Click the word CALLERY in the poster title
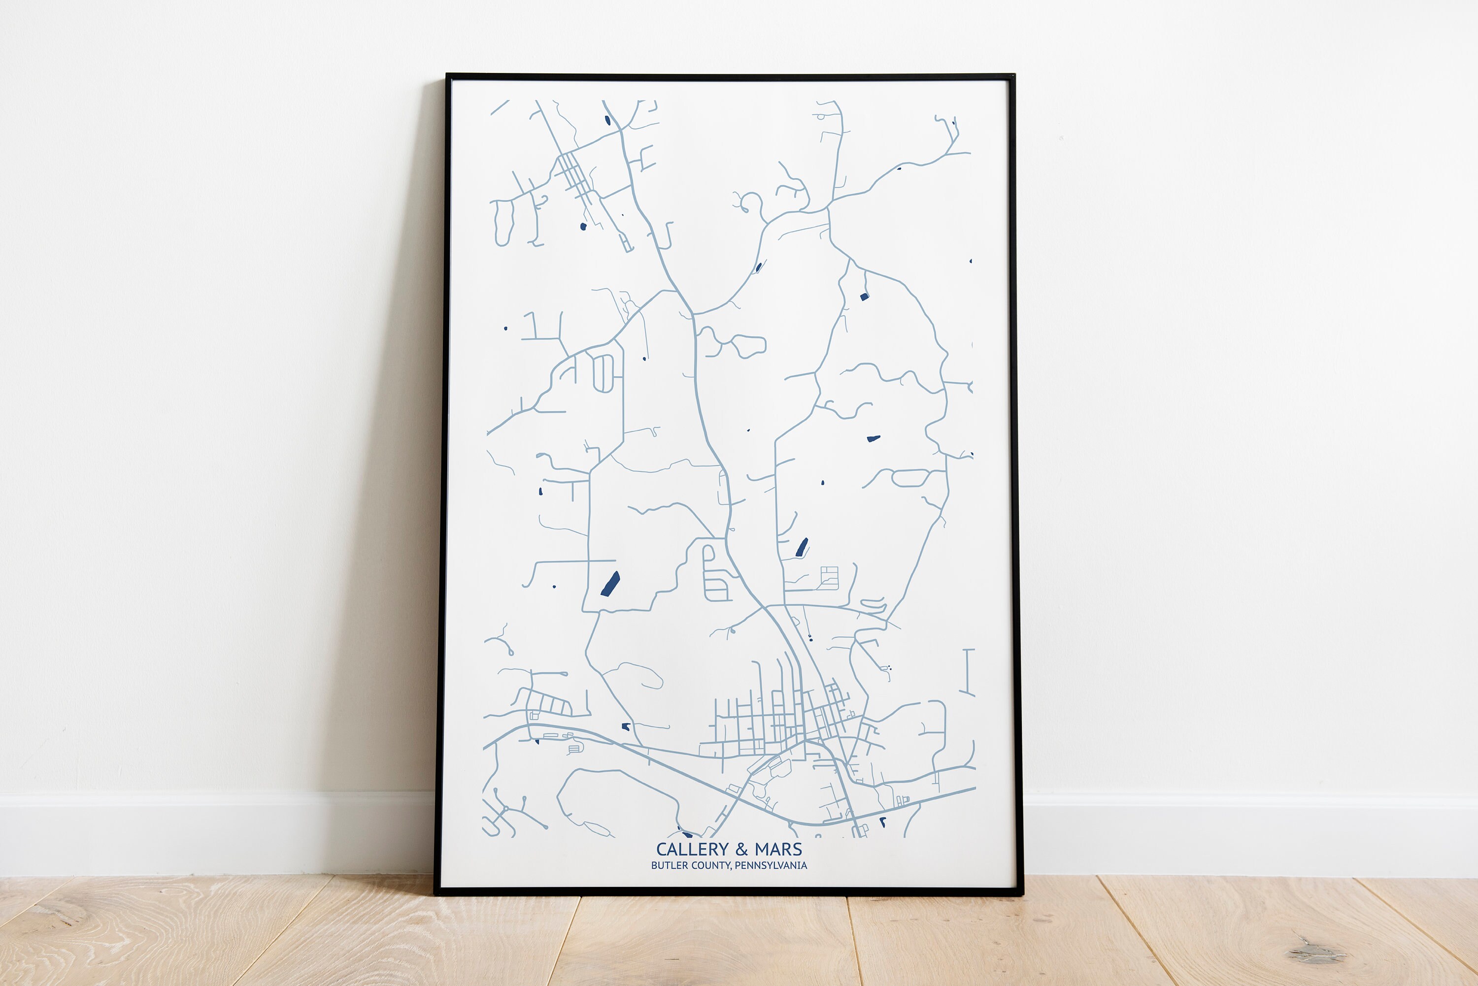pos(692,850)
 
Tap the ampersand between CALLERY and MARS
pos(742,850)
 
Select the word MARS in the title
pos(778,850)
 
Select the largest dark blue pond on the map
pos(610,584)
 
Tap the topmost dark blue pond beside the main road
pos(607,120)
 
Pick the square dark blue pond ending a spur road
pos(864,296)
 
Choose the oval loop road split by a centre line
pos(603,373)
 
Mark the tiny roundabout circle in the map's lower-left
pos(505,807)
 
